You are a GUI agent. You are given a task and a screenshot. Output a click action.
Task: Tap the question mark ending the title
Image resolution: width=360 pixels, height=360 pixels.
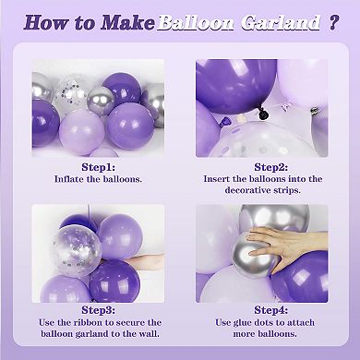[332, 22]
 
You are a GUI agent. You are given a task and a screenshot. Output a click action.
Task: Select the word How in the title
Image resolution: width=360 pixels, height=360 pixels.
[46, 22]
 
